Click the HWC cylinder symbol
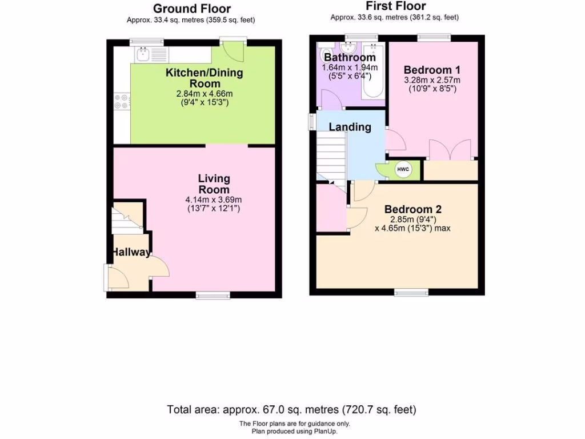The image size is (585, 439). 403,169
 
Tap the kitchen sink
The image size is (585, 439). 142,54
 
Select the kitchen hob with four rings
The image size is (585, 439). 122,101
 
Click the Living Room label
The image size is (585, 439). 214,184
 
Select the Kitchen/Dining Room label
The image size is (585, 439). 204,78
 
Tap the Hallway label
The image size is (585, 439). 131,252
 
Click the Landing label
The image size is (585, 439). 350,127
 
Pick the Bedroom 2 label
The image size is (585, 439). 412,209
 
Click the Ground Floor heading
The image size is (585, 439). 191,9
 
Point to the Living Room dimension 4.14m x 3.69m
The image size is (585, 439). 214,199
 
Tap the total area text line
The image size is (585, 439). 291,409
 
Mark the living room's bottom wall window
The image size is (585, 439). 213,295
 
